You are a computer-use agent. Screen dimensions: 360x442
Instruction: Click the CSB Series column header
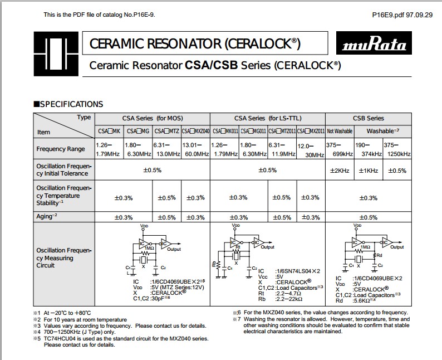[368, 118]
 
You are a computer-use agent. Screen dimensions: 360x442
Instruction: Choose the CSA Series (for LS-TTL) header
[267, 118]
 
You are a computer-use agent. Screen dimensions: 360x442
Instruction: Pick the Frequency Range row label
[61, 149]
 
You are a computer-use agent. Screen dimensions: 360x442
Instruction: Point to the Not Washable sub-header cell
[340, 132]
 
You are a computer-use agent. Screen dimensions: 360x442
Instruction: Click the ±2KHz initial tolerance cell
[339, 171]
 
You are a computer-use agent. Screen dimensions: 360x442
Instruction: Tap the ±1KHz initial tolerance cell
[368, 171]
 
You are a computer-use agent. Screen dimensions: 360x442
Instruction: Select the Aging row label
[47, 216]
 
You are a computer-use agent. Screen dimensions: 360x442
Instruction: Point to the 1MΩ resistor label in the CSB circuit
[365, 246]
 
